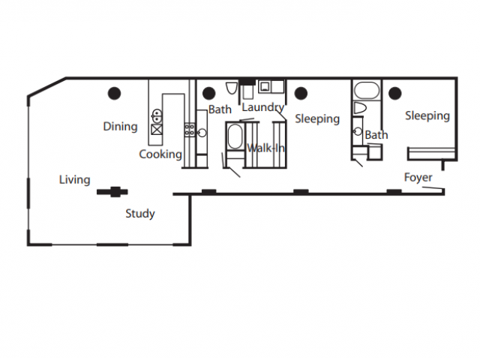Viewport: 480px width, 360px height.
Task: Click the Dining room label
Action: click(120, 127)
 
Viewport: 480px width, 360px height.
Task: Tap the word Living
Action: click(75, 180)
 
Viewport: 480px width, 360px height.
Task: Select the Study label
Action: click(139, 214)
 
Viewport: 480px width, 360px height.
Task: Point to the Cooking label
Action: click(160, 154)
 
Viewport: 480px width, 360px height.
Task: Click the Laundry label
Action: click(262, 108)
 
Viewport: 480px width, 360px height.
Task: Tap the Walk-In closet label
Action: click(266, 148)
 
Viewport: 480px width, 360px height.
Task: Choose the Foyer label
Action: click(418, 178)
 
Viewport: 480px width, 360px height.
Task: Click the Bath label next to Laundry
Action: click(220, 110)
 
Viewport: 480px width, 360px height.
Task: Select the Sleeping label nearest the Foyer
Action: click(427, 116)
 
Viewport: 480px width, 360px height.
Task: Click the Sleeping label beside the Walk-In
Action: click(317, 119)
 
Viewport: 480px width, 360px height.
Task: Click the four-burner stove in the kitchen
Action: click(190, 130)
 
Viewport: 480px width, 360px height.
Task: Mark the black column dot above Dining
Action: click(114, 93)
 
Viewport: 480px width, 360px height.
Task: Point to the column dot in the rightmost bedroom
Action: click(394, 93)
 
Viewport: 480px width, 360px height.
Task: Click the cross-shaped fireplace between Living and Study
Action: click(113, 191)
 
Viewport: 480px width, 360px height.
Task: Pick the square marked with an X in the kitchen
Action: click(157, 128)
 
